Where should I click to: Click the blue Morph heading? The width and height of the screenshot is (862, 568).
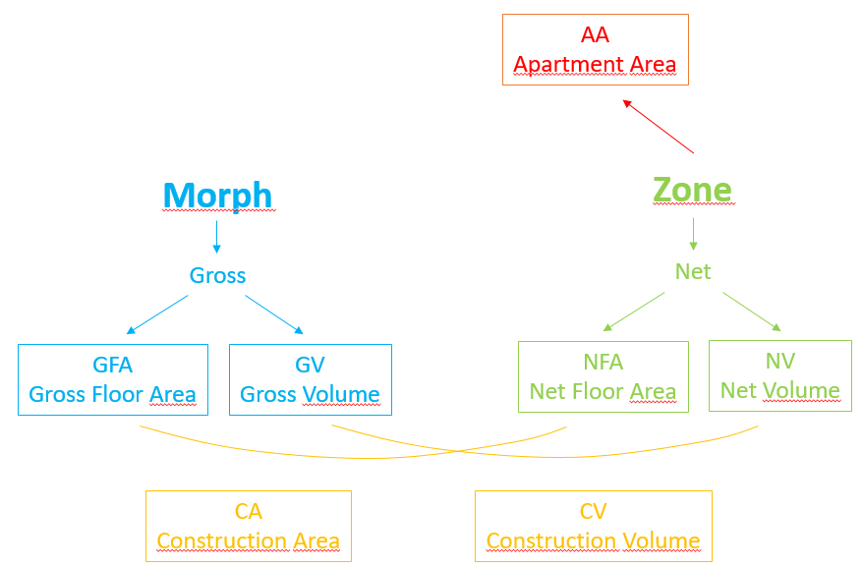click(217, 195)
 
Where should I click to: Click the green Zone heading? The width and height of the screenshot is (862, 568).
click(692, 189)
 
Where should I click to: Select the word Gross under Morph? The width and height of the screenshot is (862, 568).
click(217, 275)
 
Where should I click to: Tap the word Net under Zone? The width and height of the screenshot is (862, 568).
click(693, 271)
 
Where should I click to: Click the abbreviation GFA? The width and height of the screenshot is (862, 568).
click(112, 365)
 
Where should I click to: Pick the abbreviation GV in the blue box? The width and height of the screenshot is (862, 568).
click(310, 365)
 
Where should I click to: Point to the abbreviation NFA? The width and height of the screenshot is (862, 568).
click(603, 362)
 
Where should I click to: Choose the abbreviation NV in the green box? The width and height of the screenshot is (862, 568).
click(779, 361)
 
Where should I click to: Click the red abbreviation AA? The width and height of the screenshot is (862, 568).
click(595, 35)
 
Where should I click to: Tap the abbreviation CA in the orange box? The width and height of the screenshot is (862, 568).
click(248, 511)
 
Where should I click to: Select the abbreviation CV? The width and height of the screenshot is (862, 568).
click(593, 511)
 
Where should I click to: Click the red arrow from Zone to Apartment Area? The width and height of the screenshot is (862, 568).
click(658, 125)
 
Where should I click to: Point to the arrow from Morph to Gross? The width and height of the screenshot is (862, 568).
click(216, 236)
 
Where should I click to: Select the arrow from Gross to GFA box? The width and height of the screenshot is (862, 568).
click(157, 314)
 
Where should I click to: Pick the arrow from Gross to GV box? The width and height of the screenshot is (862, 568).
click(274, 314)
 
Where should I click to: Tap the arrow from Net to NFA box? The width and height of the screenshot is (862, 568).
click(634, 311)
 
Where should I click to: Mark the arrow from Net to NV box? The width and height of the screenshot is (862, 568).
click(752, 311)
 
